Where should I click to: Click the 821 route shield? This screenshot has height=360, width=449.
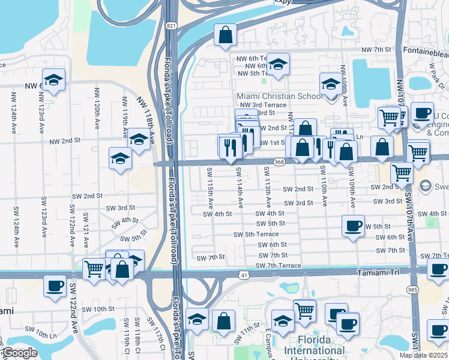(x=172, y=26)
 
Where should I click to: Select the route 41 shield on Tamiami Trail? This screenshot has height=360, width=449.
(x=243, y=275)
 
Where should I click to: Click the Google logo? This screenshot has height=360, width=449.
(x=19, y=353)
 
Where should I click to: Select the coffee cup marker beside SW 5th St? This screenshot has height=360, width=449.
(x=352, y=226)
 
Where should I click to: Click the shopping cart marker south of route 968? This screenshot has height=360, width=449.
(x=401, y=173)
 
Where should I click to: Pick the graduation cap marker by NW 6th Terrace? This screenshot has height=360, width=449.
(x=278, y=64)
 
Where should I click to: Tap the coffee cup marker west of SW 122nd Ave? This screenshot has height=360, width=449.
(x=55, y=285)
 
